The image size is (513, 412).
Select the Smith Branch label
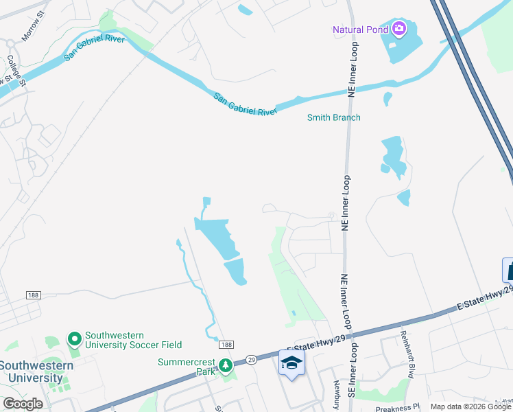(333, 117)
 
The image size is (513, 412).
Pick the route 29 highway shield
(252, 359)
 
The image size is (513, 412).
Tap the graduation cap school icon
(291, 363)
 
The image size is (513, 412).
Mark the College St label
(16, 72)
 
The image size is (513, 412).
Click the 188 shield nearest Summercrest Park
(228, 344)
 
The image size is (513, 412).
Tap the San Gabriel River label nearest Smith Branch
(244, 104)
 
